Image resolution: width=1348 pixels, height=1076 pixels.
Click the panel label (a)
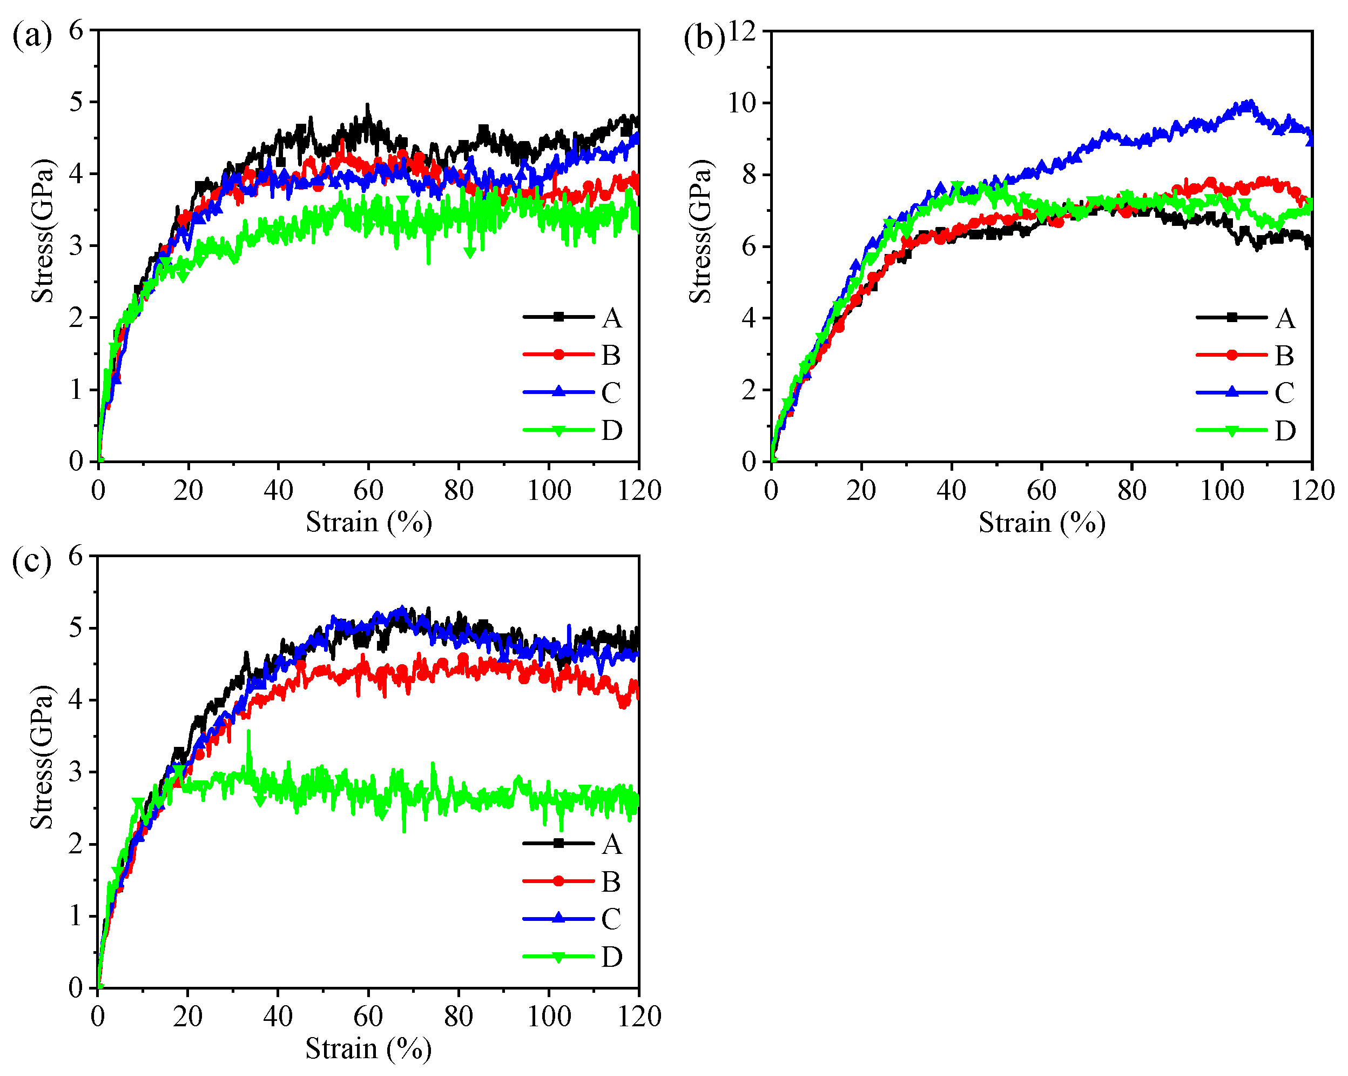(x=31, y=36)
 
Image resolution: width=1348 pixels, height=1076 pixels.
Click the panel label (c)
(x=31, y=561)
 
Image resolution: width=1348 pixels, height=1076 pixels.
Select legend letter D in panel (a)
(x=611, y=430)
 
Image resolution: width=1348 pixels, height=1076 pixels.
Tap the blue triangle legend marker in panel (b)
(x=1231, y=392)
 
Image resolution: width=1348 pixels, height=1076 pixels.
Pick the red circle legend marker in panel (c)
(x=558, y=881)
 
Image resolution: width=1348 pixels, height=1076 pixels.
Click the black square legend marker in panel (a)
(x=558, y=317)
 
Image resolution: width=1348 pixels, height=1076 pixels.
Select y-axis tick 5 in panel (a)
(x=76, y=102)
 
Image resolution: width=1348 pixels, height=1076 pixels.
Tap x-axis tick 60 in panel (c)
(x=368, y=1017)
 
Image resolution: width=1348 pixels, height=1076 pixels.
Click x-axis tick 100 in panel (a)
(x=548, y=491)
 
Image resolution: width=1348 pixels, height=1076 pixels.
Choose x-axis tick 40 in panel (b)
(x=951, y=491)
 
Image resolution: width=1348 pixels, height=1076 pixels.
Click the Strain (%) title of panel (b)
(x=1042, y=523)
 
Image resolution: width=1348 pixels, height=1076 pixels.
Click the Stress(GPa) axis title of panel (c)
(x=43, y=757)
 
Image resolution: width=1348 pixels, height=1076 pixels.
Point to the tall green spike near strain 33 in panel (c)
(x=249, y=732)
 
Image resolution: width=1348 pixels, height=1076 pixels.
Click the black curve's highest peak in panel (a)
(x=367, y=105)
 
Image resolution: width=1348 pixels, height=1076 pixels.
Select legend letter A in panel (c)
(x=611, y=845)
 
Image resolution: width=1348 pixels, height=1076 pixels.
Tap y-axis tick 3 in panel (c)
(x=76, y=772)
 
